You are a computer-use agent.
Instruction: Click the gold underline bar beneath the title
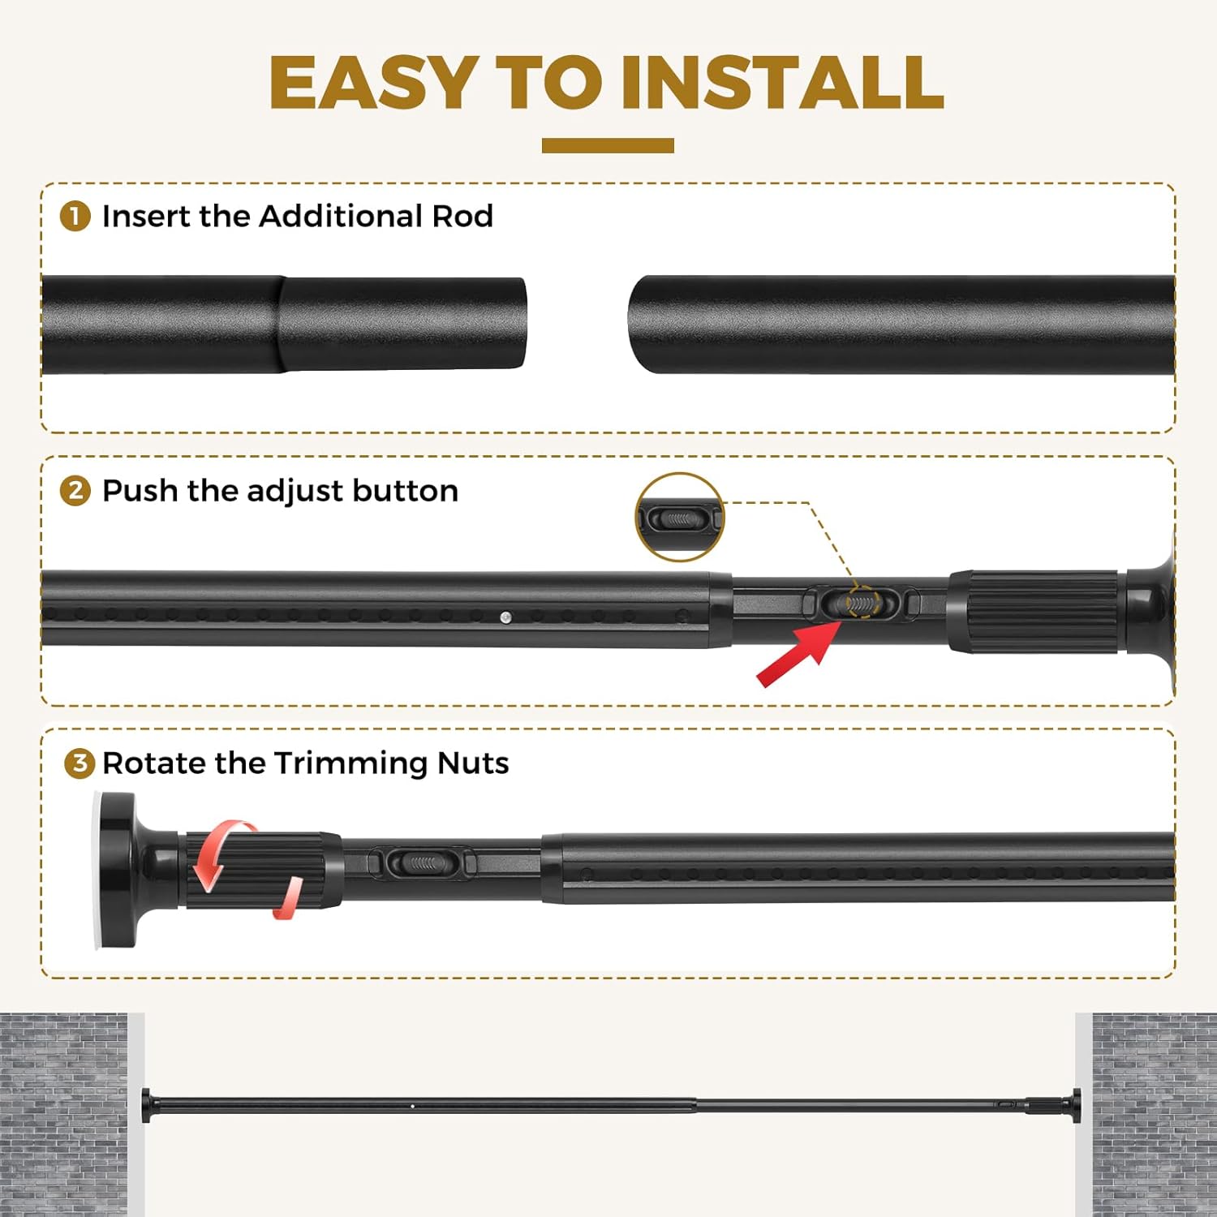pos(608,145)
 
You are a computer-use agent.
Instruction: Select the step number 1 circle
pos(75,217)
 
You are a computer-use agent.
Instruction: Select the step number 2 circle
pos(75,491)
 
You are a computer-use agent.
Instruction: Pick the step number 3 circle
pos(80,763)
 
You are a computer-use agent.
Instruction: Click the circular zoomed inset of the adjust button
pos(679,518)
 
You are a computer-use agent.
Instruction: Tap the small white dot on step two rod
pos(505,617)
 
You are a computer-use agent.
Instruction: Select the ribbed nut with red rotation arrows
pos(260,870)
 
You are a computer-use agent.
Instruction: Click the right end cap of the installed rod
pos(1077,1104)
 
